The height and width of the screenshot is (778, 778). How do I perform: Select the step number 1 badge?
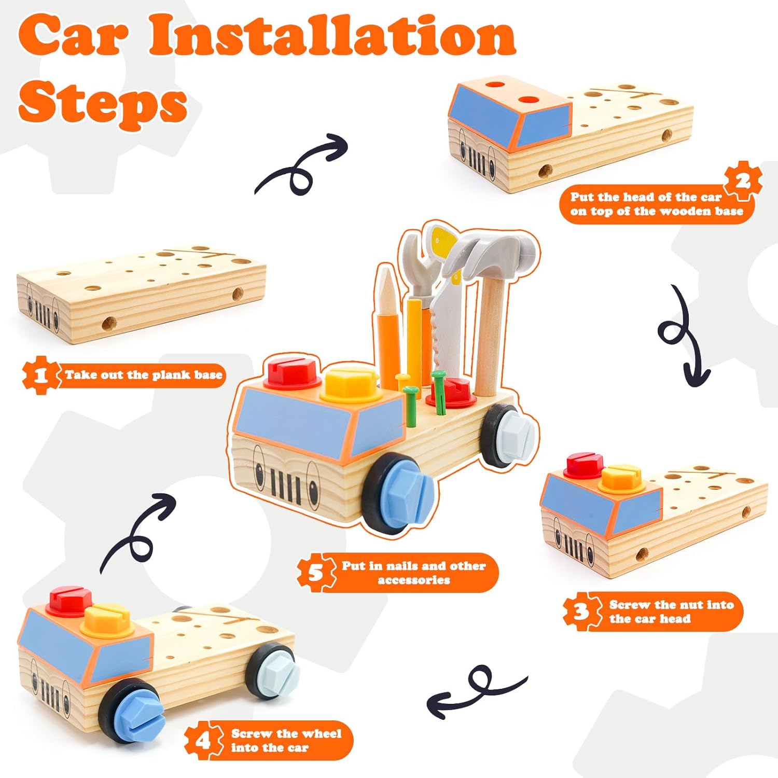(x=40, y=374)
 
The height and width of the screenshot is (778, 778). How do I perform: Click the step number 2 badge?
(x=743, y=181)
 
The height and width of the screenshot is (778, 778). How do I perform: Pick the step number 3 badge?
(x=581, y=612)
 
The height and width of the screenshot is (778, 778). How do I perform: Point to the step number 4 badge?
(x=203, y=740)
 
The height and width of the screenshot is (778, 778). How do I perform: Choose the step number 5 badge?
(x=315, y=573)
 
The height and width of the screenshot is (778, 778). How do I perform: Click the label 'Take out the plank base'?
(x=144, y=374)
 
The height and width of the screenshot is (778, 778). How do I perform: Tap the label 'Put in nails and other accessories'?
(x=413, y=573)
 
